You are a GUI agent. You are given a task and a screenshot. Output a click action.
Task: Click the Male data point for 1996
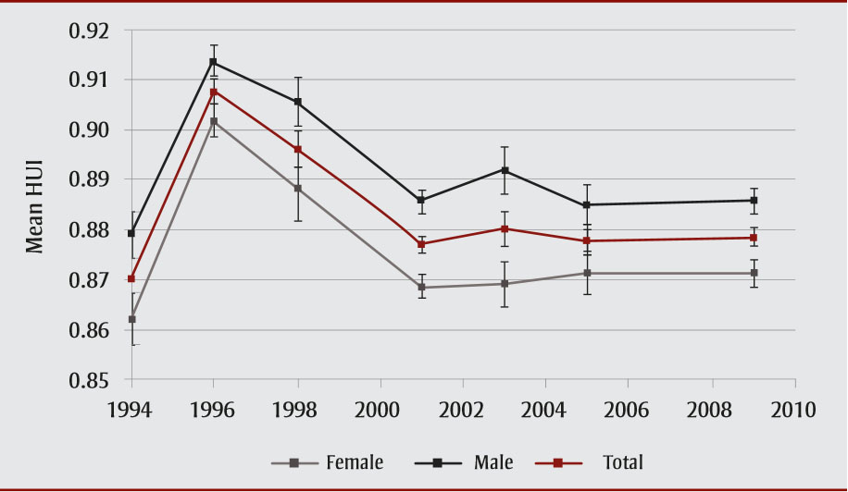[x=214, y=62]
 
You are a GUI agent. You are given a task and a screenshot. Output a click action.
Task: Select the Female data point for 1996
[x=214, y=121]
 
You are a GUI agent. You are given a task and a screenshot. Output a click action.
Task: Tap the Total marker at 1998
[x=297, y=149]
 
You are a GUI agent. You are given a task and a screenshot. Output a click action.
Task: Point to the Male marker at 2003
[x=505, y=170]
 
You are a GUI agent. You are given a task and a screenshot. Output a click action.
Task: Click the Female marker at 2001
[x=421, y=288]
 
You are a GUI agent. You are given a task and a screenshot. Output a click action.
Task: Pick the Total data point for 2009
[x=754, y=238]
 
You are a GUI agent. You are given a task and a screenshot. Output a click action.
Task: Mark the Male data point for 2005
[x=588, y=204]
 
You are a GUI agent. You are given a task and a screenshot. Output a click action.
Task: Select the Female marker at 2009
[x=754, y=273]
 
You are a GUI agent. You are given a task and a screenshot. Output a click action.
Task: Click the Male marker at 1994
[x=131, y=233]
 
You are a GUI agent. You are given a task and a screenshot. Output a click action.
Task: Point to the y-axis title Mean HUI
[x=35, y=204]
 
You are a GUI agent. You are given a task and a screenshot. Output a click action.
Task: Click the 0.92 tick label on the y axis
[x=89, y=31]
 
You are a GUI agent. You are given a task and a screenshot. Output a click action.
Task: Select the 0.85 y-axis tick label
[x=89, y=380]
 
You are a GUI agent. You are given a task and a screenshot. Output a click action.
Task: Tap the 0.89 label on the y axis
[x=89, y=180]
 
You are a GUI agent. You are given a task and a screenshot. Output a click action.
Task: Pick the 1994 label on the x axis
[x=131, y=411]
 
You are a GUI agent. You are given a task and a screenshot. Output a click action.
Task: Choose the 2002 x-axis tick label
[x=463, y=411]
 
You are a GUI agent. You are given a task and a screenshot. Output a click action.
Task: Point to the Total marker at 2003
[x=505, y=228]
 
